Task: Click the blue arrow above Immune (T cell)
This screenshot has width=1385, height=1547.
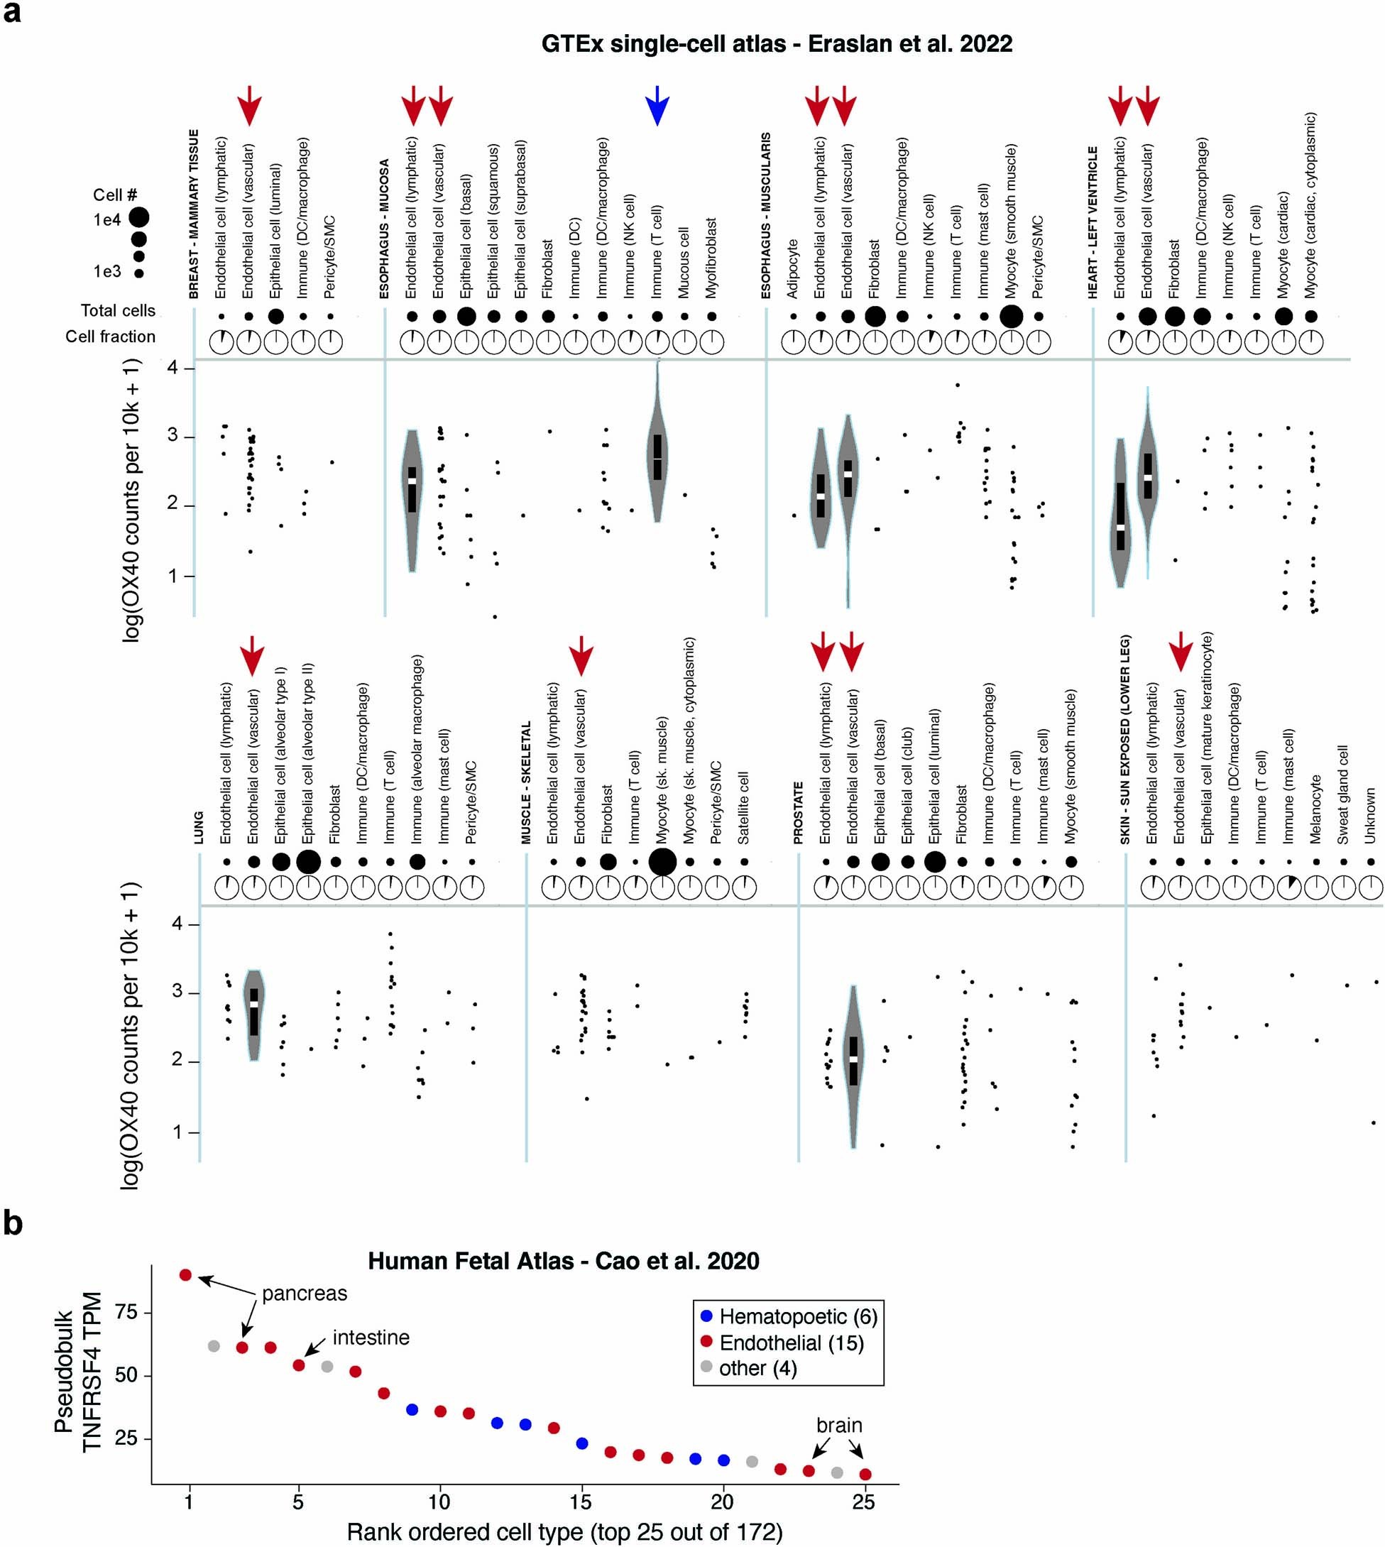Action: tap(657, 106)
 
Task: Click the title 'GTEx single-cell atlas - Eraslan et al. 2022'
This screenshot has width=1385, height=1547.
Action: tap(776, 44)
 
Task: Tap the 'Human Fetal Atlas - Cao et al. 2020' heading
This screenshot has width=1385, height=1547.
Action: tap(563, 1261)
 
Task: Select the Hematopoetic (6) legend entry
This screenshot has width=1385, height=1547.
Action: tap(787, 1316)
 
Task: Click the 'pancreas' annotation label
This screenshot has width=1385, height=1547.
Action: tap(305, 1294)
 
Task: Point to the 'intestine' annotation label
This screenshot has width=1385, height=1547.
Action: tap(371, 1337)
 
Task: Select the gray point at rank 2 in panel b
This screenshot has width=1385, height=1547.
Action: tap(214, 1346)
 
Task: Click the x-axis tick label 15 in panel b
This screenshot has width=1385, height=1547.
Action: tap(580, 1502)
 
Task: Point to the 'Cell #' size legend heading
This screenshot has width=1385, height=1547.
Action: tap(115, 195)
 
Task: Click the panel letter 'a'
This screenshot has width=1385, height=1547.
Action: tap(12, 13)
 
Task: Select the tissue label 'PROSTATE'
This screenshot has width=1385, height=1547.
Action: tap(799, 813)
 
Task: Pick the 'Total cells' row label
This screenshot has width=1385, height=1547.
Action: tap(118, 310)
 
